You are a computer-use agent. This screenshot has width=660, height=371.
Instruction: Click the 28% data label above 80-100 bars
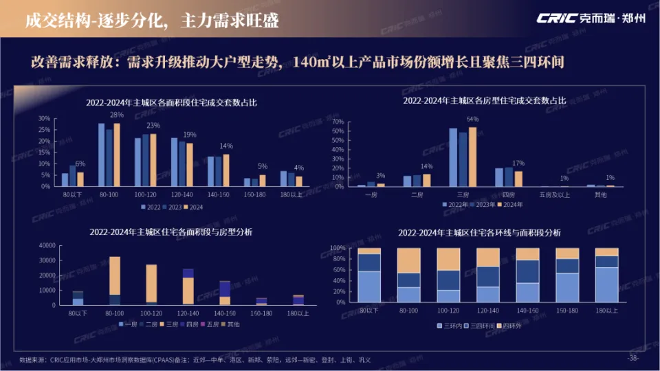coord(117,115)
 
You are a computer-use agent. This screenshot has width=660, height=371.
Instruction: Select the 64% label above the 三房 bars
coord(472,120)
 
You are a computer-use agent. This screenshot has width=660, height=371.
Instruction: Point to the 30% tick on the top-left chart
coord(44,118)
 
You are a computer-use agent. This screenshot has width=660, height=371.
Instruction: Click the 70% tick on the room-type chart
coord(337,122)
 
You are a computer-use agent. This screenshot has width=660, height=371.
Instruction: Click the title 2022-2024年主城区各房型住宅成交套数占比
coord(485,100)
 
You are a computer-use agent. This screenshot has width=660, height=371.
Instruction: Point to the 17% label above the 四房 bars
coord(518,164)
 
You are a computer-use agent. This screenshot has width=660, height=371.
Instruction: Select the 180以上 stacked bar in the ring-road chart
coord(606,276)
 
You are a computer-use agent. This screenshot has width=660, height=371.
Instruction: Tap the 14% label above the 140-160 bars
coord(225,146)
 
